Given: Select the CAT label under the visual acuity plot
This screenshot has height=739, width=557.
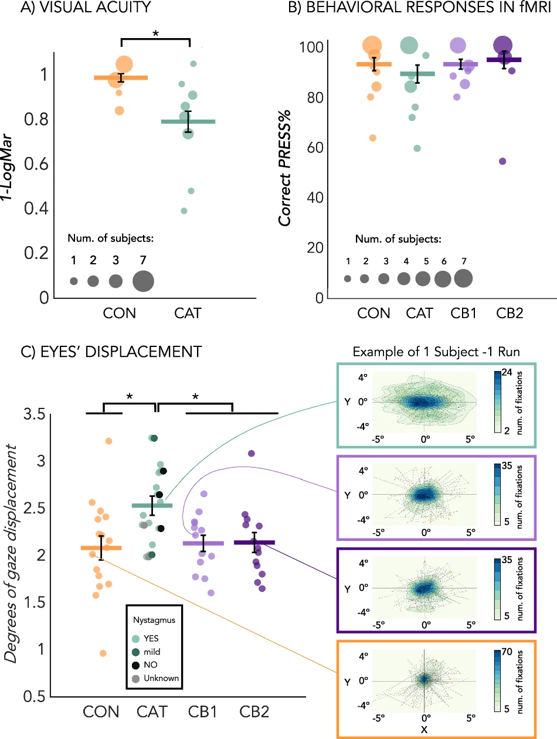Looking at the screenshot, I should point(188,314).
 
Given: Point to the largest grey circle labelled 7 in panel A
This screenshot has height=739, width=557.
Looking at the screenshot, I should point(143,281).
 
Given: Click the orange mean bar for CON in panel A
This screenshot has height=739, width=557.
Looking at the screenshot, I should point(121,77).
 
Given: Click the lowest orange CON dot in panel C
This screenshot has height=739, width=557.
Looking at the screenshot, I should point(103,653).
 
